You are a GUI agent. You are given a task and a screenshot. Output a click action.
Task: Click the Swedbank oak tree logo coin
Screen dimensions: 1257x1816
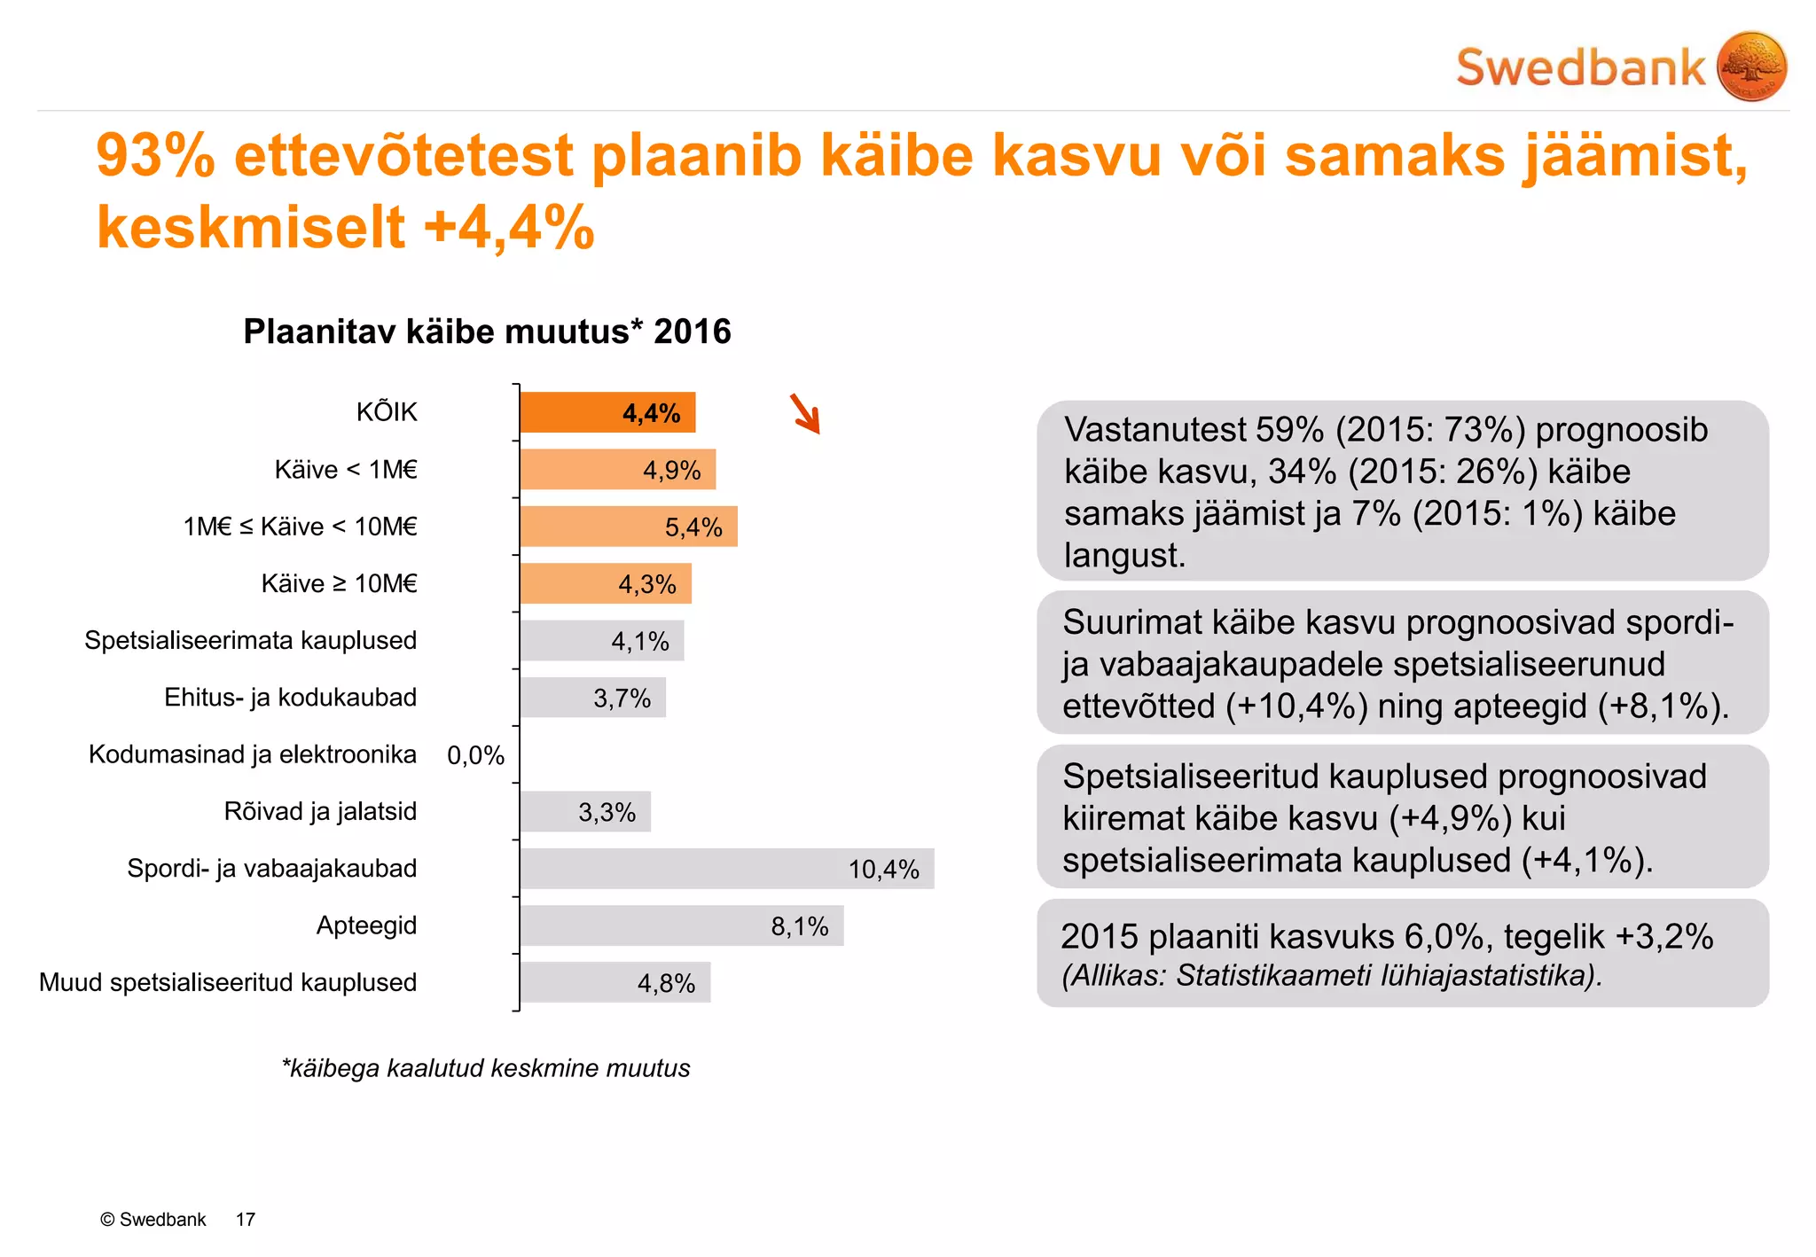point(1751,66)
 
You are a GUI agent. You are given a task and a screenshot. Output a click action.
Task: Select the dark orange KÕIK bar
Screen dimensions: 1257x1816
point(607,413)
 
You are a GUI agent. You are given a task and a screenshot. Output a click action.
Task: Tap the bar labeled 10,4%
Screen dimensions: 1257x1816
point(727,869)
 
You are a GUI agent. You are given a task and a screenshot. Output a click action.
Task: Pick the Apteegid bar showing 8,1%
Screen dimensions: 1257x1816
point(681,925)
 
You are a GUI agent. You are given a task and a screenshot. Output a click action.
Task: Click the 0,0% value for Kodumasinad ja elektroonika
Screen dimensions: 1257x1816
point(475,755)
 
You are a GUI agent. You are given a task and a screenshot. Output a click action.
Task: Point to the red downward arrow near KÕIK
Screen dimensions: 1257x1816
point(805,414)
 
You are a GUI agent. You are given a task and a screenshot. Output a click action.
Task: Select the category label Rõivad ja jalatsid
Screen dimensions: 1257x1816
point(320,811)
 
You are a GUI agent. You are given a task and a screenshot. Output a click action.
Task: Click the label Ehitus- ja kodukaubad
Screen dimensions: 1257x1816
point(290,698)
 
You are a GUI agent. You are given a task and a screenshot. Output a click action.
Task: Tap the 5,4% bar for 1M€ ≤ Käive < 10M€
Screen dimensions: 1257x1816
point(628,527)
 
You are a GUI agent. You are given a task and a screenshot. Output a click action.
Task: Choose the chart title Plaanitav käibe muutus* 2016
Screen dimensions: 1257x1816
point(487,332)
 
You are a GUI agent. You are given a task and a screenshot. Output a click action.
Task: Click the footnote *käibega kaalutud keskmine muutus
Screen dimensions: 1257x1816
point(486,1068)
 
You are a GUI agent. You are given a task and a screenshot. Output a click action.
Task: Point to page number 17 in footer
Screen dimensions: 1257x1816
point(246,1220)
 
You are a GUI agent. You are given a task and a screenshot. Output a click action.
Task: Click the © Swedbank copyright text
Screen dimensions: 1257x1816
point(153,1220)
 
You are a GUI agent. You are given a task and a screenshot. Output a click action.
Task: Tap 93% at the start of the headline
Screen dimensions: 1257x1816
point(155,156)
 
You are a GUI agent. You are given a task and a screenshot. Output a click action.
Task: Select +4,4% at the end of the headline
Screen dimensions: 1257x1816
point(509,227)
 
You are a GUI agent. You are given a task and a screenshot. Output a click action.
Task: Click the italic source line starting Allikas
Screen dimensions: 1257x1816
point(1332,976)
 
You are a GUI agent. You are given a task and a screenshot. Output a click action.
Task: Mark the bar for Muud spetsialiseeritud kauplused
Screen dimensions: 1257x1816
point(615,982)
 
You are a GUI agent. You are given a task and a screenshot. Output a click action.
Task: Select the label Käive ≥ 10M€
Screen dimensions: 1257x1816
point(339,583)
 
